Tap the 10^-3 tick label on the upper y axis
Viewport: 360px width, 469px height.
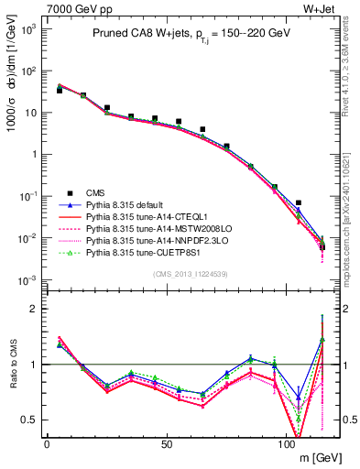(27, 279)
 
